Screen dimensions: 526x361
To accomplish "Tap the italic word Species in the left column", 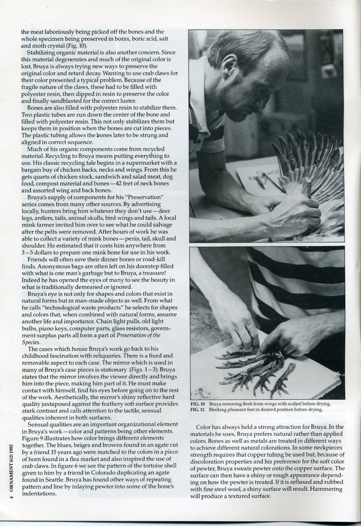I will coord(31,342).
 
